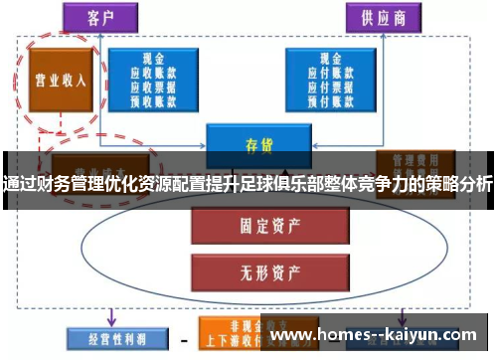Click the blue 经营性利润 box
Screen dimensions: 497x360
110,339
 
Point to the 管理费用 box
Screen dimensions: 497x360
414,162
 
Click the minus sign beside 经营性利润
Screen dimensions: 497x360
183,339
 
